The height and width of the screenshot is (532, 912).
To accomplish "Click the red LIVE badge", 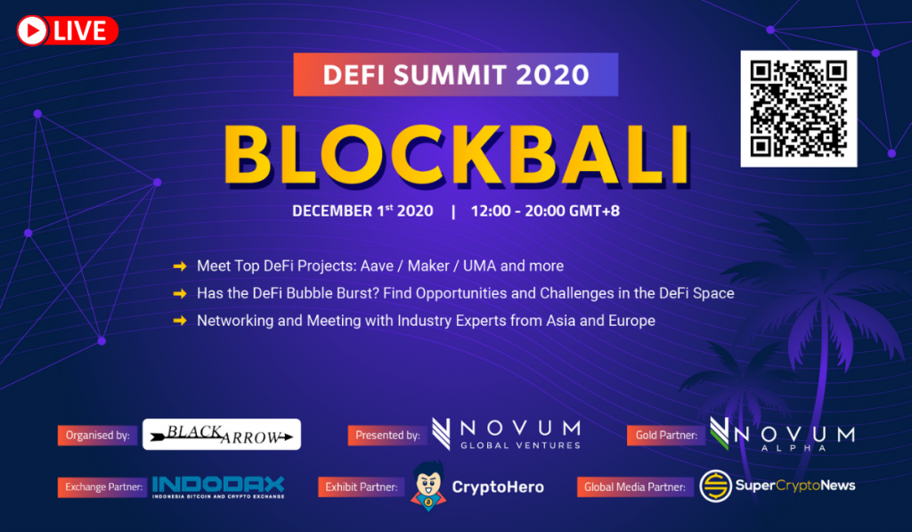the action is coord(68,30).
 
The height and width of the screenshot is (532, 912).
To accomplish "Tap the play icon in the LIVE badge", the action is coord(32,30).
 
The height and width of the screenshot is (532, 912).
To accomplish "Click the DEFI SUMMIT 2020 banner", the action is coord(455,75).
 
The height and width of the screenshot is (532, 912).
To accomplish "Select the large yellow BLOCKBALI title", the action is coord(457,155).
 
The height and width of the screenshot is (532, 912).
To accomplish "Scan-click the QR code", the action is coord(799,109).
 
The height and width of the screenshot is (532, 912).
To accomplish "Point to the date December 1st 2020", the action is coord(362,210).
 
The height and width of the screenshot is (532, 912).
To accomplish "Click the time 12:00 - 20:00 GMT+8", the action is coord(545,210).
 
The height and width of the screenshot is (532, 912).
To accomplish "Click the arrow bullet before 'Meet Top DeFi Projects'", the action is coord(180,266).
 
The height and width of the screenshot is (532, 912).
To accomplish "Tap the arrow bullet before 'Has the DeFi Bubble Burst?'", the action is coord(180,293).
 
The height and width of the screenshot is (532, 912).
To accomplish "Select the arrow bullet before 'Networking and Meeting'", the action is coord(180,321).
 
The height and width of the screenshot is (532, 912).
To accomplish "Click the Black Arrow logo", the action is coord(222,434).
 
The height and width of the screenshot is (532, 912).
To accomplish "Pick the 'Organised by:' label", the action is coord(98,436).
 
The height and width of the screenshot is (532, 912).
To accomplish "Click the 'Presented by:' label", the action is coord(387,436).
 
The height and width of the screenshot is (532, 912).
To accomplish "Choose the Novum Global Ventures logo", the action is coord(506,434).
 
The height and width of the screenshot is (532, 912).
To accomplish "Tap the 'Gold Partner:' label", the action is coord(666,436).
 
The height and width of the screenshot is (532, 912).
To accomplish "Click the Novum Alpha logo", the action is coord(782,434).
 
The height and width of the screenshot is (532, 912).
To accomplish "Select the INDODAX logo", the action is coord(218,487).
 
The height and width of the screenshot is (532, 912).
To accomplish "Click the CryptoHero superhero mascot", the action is coord(428,486).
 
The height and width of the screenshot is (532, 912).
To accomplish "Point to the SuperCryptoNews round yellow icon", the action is coord(715,486).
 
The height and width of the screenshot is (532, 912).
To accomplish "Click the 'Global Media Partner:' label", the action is coord(635,487).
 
